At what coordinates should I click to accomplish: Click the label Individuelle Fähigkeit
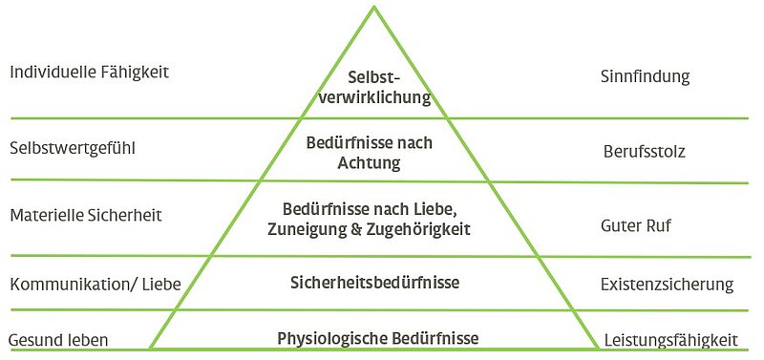[x=89, y=73]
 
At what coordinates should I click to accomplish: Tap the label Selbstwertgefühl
[x=73, y=148]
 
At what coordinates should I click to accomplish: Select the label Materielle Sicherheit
[x=86, y=215]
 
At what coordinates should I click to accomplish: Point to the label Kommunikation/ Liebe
[x=95, y=284]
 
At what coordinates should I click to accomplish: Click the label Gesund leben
[x=58, y=340]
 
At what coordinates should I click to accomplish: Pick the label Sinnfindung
[x=646, y=76]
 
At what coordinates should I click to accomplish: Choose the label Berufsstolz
[x=644, y=152]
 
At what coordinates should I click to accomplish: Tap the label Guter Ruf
[x=636, y=225]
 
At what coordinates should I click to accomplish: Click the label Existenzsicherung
[x=667, y=284]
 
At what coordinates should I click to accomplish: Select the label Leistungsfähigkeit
[x=671, y=340]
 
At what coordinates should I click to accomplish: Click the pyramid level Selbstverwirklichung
[x=375, y=88]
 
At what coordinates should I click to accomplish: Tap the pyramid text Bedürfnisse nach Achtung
[x=369, y=153]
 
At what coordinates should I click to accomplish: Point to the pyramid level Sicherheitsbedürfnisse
[x=374, y=283]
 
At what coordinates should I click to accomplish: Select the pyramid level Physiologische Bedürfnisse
[x=377, y=338]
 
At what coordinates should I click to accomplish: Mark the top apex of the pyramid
[x=374, y=6]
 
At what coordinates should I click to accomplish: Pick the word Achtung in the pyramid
[x=369, y=162]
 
